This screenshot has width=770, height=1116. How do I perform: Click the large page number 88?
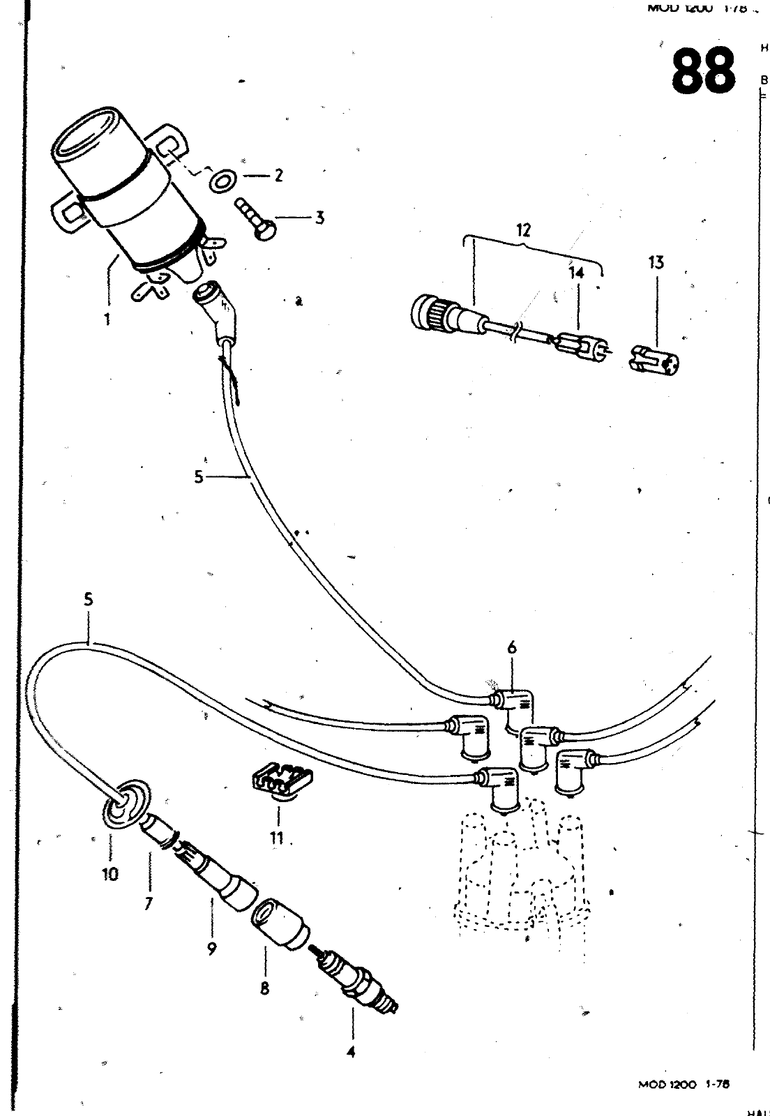click(703, 72)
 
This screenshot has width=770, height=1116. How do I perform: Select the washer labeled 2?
click(222, 180)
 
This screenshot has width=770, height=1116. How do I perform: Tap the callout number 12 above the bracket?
click(524, 229)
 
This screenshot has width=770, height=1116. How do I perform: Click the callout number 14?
click(576, 274)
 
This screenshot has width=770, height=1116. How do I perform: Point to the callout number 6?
click(512, 648)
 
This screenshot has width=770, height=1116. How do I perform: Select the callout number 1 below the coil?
click(107, 320)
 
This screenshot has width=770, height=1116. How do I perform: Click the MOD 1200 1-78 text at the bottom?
click(683, 1084)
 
